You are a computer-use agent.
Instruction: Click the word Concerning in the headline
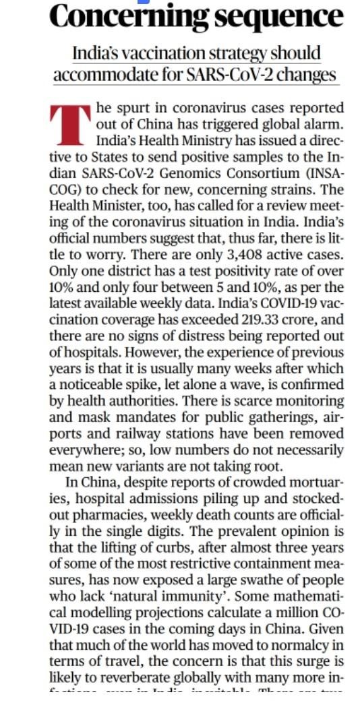(122, 16)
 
